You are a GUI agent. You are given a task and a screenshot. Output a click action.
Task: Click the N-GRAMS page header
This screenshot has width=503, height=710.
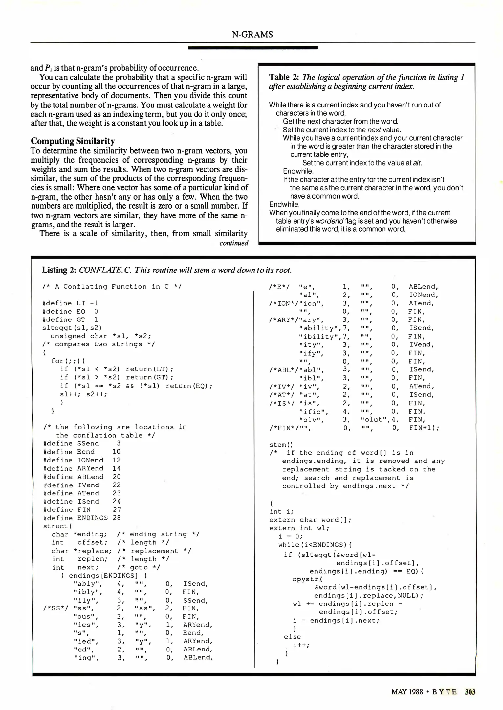coord(252,35)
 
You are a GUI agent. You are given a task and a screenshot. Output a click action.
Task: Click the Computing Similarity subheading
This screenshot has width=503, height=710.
coord(73,141)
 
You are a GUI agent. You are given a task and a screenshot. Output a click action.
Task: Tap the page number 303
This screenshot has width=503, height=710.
coord(470,692)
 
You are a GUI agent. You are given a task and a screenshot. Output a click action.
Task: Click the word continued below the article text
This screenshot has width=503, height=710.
coord(234,243)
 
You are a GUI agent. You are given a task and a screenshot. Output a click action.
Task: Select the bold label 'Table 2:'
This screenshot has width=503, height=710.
coord(284,77)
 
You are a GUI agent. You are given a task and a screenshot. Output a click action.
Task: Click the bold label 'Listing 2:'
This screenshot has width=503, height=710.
coord(59,270)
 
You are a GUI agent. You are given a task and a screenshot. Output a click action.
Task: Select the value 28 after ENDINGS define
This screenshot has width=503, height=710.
coord(117,518)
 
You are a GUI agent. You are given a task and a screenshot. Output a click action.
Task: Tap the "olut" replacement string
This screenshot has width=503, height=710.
coord(374,419)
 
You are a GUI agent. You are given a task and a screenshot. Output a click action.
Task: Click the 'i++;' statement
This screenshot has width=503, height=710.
coord(301,645)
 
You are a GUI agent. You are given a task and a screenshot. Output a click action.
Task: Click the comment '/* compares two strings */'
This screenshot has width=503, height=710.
coord(98,344)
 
